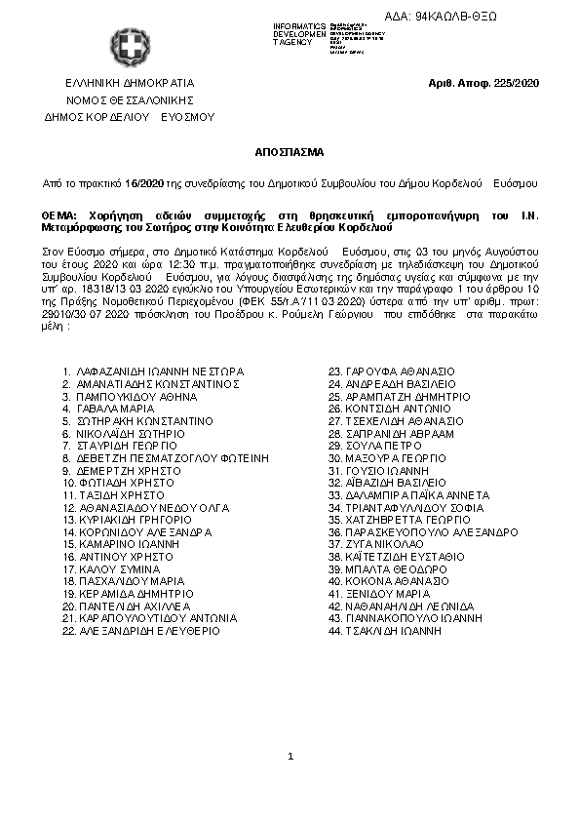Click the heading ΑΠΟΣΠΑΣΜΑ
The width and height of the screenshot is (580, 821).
click(290, 153)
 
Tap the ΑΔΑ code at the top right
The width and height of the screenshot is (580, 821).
click(483, 18)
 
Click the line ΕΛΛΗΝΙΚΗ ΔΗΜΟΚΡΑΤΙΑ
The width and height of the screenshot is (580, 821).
click(130, 83)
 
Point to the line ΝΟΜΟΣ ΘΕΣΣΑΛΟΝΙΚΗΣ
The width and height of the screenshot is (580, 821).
click(130, 99)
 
